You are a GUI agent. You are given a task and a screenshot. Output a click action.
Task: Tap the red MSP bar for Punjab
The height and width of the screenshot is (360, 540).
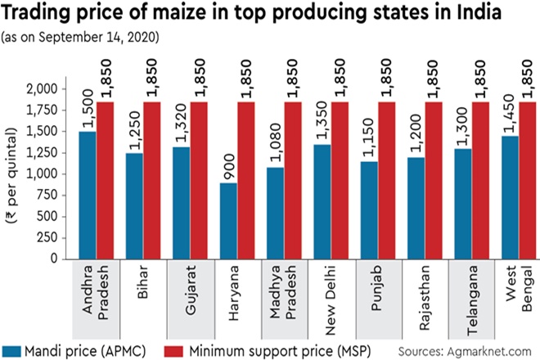392,180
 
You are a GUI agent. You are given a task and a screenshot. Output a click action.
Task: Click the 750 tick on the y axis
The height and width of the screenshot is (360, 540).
44,195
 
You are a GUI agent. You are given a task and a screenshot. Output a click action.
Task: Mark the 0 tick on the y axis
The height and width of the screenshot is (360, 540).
54,259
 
